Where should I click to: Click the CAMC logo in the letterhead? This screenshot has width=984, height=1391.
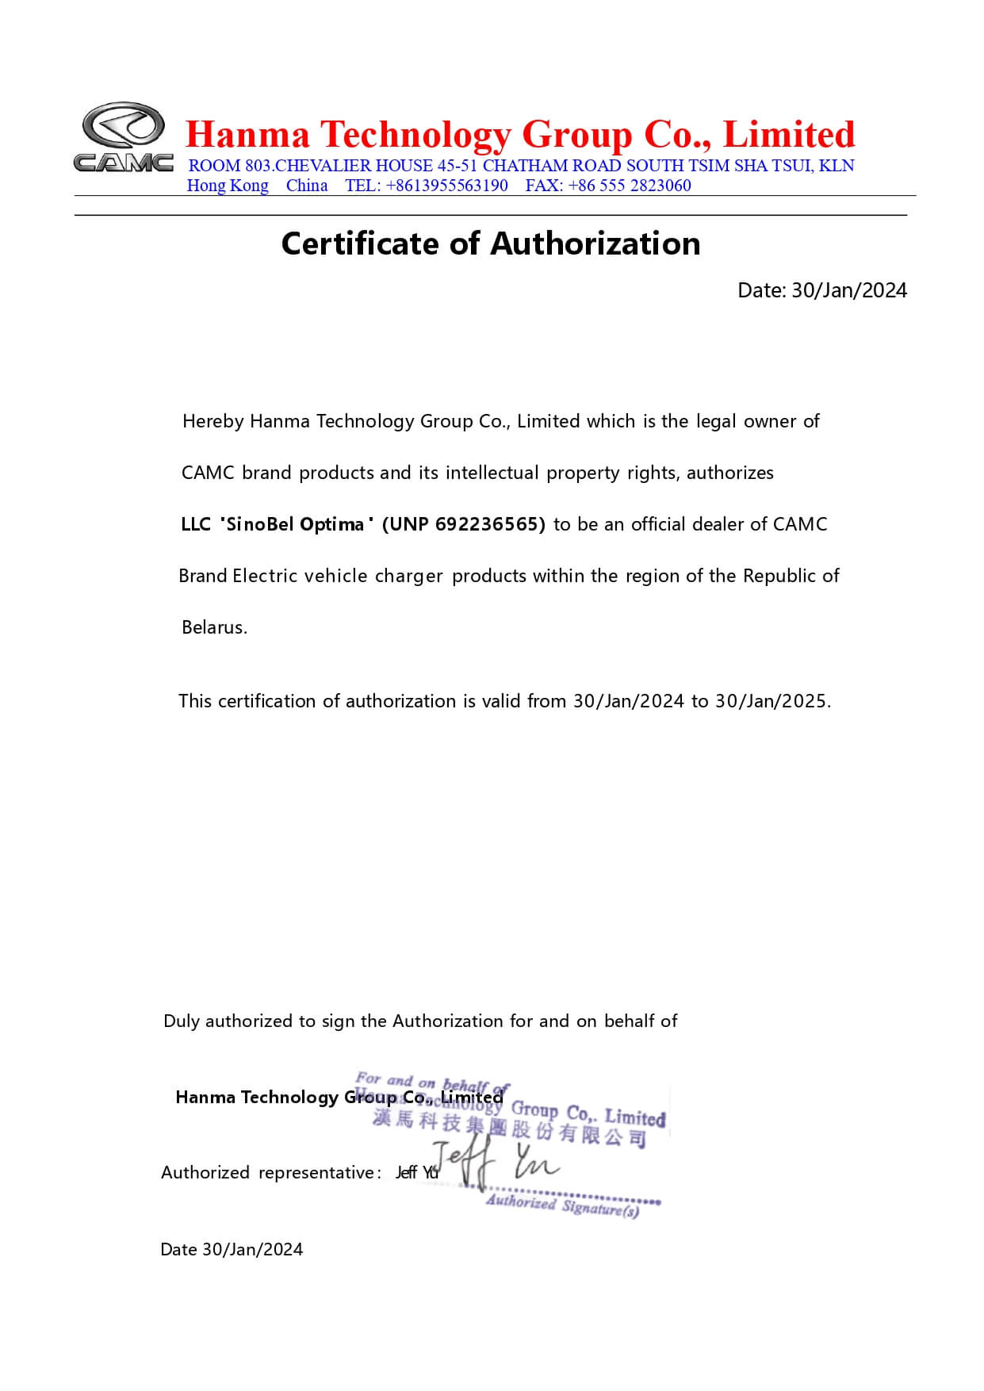pyautogui.click(x=124, y=136)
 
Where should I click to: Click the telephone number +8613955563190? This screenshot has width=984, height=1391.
pyautogui.click(x=447, y=186)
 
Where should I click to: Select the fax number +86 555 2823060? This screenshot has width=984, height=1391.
pyautogui.click(x=630, y=186)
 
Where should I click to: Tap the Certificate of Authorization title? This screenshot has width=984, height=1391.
pyautogui.click(x=491, y=243)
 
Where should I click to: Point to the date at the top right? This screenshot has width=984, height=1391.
pyautogui.click(x=848, y=290)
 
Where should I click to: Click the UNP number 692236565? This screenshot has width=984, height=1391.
pyautogui.click(x=490, y=524)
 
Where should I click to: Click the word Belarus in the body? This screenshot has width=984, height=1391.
pyautogui.click(x=214, y=627)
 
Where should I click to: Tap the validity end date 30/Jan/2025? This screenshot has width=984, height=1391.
pyautogui.click(x=772, y=701)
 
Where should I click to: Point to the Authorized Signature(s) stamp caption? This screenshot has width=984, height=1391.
pyautogui.click(x=562, y=1206)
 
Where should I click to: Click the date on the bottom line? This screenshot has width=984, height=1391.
pyautogui.click(x=252, y=1250)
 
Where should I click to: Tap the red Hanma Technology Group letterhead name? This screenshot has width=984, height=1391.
pyautogui.click(x=520, y=135)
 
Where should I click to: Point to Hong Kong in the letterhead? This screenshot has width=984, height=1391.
pyautogui.click(x=228, y=186)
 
